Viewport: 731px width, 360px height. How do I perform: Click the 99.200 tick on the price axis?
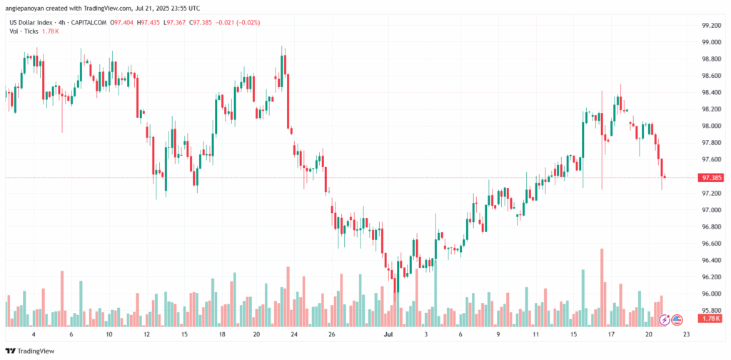coord(710,25)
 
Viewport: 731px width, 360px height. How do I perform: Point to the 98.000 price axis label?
coord(710,126)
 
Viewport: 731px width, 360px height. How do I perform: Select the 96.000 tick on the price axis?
coord(710,294)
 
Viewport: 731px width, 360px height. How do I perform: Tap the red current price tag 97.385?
coord(710,177)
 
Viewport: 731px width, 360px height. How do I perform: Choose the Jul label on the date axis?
coord(388,334)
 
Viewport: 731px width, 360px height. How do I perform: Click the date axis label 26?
coord(332,334)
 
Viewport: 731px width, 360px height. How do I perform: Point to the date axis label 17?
coord(611,334)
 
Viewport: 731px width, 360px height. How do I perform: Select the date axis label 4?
coord(34,334)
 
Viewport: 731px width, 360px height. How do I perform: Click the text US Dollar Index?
coord(32,23)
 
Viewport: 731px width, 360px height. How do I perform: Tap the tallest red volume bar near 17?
coord(603,286)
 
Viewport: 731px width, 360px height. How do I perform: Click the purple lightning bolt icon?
coord(665,319)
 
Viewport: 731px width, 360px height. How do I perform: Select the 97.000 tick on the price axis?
coord(710,210)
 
